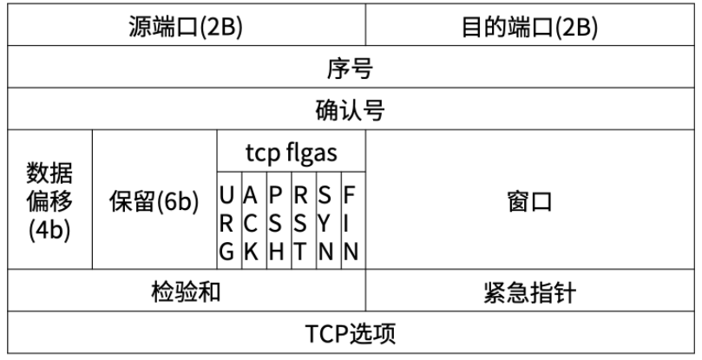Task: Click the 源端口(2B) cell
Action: (186, 26)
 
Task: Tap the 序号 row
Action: (351, 69)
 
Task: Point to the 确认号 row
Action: (351, 110)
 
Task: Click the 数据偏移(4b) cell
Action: (49, 200)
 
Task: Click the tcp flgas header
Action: (291, 154)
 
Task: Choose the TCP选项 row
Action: (351, 334)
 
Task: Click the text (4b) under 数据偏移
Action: (49, 230)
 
